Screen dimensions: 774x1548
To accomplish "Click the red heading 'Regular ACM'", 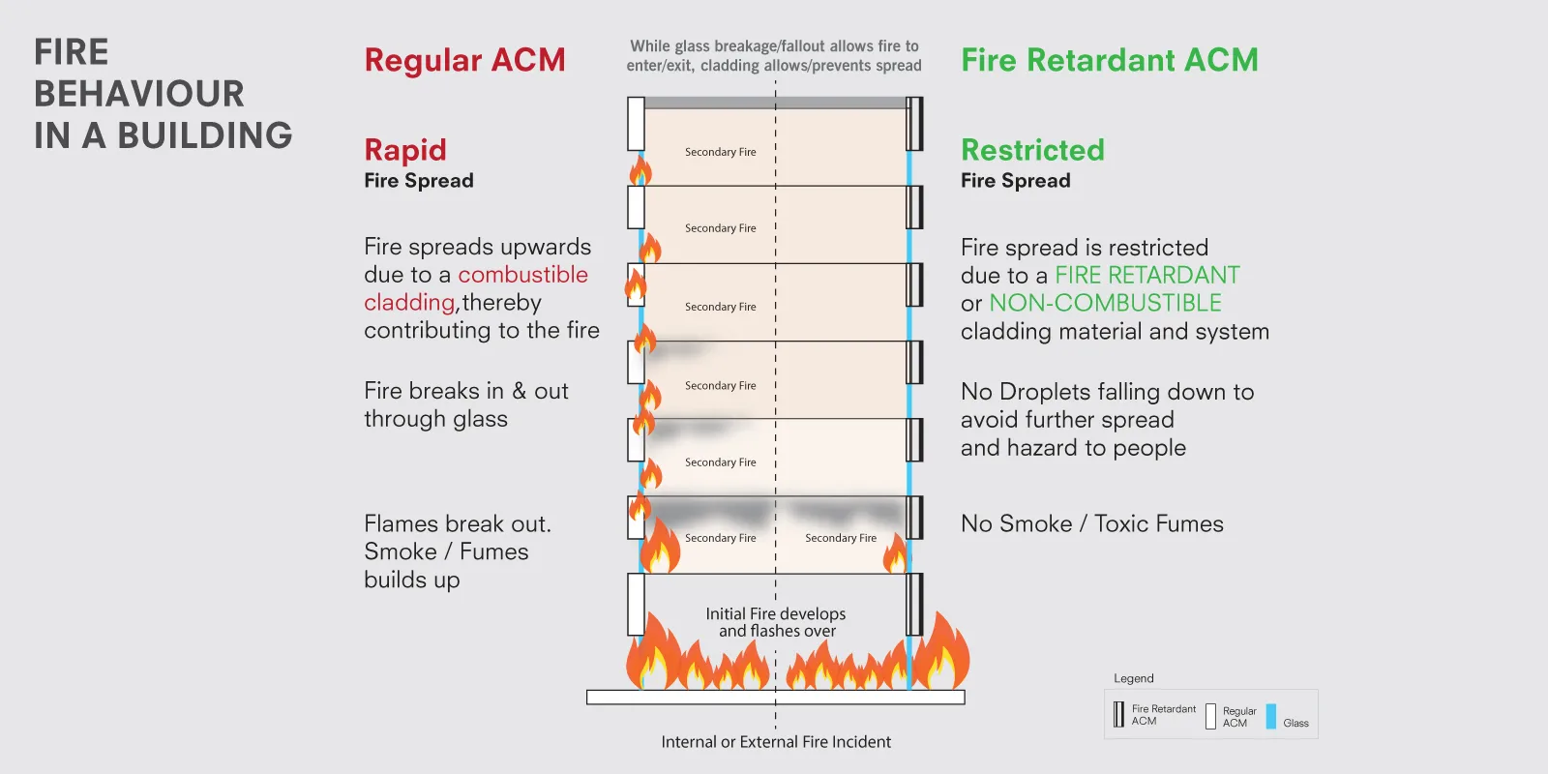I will point(464,60).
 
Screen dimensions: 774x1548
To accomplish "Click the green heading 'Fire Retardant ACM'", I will point(1109,60).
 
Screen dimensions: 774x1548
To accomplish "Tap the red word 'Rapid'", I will point(405,150).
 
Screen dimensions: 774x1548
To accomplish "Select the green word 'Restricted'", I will point(1032,150).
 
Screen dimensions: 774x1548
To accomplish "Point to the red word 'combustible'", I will point(522,275).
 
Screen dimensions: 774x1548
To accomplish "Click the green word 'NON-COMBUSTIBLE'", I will point(1105,303).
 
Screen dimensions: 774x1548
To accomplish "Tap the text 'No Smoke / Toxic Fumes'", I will point(1091,523).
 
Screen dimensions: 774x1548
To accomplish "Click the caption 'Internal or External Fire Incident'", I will point(776,742).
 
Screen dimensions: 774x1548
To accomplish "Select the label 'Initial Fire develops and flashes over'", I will point(776,622).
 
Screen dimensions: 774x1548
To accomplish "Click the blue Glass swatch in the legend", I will point(1271,716).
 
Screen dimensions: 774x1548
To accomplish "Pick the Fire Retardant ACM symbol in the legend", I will point(1118,715).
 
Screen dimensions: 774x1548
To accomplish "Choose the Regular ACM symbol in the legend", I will point(1210,716).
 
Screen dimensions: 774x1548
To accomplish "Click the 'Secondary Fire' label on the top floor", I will point(720,152).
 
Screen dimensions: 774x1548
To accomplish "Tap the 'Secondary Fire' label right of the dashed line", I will point(840,538).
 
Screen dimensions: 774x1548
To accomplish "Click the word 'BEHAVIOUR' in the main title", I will point(139,94).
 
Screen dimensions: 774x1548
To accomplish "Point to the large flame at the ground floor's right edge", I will point(939,653).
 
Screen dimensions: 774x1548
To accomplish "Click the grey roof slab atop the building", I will point(775,103).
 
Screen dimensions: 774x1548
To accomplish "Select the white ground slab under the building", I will point(775,697).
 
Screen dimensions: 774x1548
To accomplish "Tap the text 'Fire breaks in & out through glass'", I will point(465,404).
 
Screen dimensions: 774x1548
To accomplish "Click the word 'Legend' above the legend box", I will point(1133,678).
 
